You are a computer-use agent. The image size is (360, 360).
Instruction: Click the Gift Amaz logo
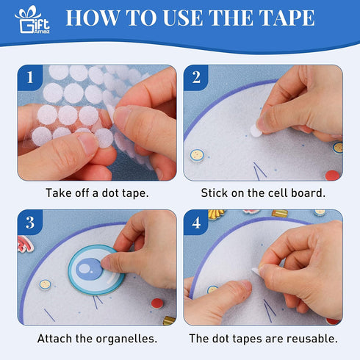click(32, 20)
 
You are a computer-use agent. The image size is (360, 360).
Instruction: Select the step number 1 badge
click(30, 78)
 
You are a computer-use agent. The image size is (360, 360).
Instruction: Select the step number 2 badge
click(196, 78)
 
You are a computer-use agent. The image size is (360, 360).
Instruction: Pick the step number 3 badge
click(30, 223)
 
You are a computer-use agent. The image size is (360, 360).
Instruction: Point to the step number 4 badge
click(196, 223)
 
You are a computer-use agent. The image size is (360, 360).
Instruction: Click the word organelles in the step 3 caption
click(126, 339)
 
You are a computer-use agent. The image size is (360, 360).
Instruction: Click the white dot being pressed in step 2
click(256, 131)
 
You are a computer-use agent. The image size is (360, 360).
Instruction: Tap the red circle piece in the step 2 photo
click(332, 176)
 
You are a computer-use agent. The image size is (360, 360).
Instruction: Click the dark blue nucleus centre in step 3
click(89, 269)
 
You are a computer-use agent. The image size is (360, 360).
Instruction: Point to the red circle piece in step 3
click(157, 303)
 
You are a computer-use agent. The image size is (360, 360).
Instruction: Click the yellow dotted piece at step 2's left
click(197, 155)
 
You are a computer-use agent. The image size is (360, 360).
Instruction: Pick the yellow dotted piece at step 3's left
click(46, 284)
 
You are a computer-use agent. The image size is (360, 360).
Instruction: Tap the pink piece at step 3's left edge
click(25, 244)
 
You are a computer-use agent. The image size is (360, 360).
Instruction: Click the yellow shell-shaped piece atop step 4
click(216, 214)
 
